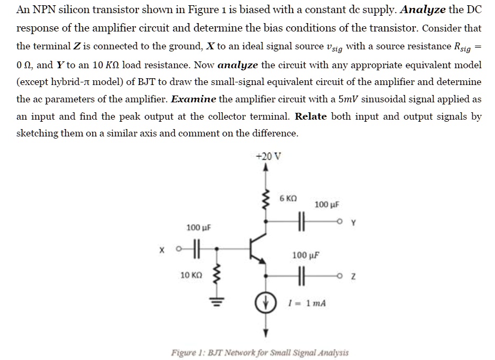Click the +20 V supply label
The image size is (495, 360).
coord(268,156)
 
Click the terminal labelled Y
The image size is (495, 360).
coord(348,221)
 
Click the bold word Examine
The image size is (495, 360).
coord(194,99)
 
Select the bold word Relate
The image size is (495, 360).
coord(311,116)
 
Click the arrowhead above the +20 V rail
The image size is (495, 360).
coord(266,168)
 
